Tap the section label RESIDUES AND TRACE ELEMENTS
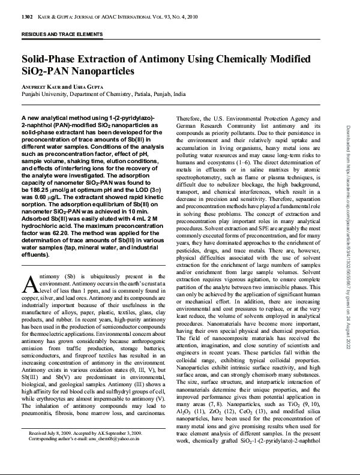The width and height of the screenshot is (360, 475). (62, 34)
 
